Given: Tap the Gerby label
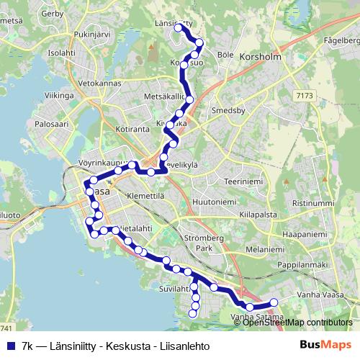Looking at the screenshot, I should [53, 14].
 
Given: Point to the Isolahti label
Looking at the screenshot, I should [61, 53].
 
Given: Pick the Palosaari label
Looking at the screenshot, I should [50, 124].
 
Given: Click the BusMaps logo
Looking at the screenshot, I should [325, 346].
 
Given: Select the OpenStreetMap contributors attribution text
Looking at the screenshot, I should [297, 323].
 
